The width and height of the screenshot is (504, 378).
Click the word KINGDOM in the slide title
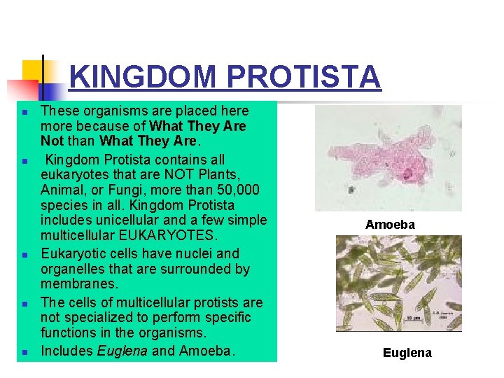click(143, 77)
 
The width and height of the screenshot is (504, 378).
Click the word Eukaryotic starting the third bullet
click(72, 253)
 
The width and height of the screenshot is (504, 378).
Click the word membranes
click(79, 284)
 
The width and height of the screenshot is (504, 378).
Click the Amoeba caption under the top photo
click(390, 225)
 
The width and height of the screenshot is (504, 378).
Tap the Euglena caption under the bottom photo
click(407, 353)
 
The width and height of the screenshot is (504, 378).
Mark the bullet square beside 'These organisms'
click(24, 112)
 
